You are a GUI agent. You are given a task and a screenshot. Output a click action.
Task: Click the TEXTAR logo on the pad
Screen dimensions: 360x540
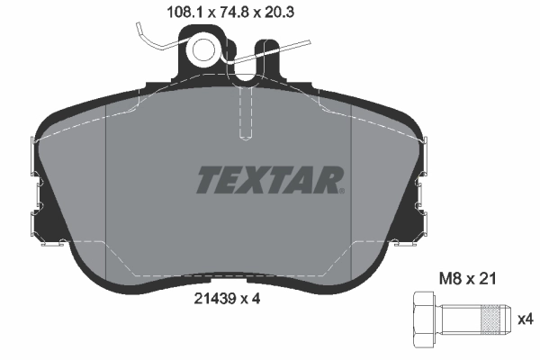click(x=268, y=180)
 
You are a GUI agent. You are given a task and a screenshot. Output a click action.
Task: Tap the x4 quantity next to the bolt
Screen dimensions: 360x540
click(x=525, y=318)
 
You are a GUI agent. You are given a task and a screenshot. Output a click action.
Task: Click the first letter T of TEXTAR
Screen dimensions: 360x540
click(x=206, y=180)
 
